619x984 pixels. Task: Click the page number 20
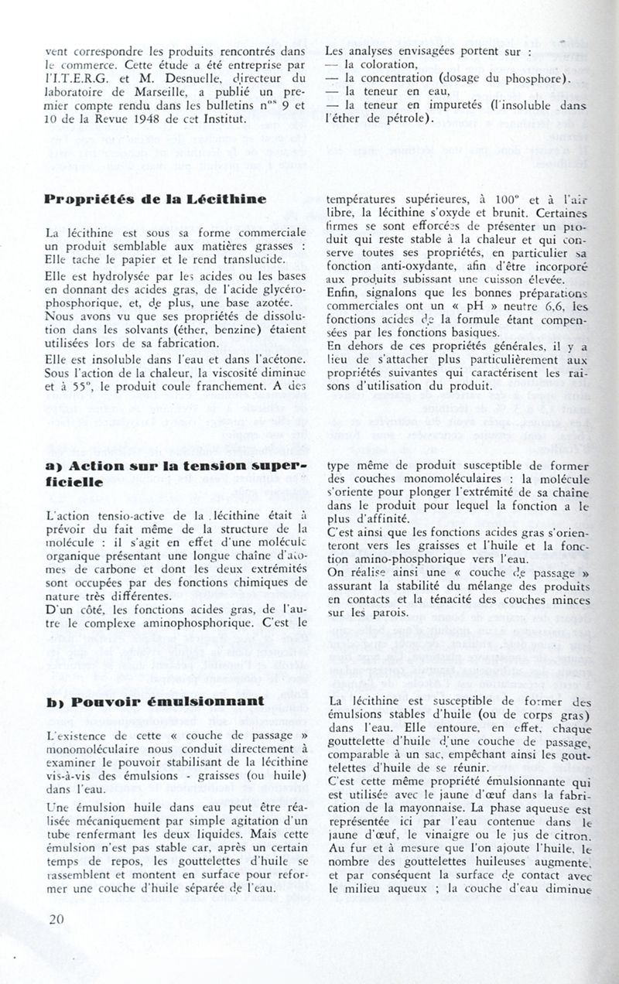pyautogui.click(x=55, y=920)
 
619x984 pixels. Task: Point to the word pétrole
pyautogui.click(x=402, y=118)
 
